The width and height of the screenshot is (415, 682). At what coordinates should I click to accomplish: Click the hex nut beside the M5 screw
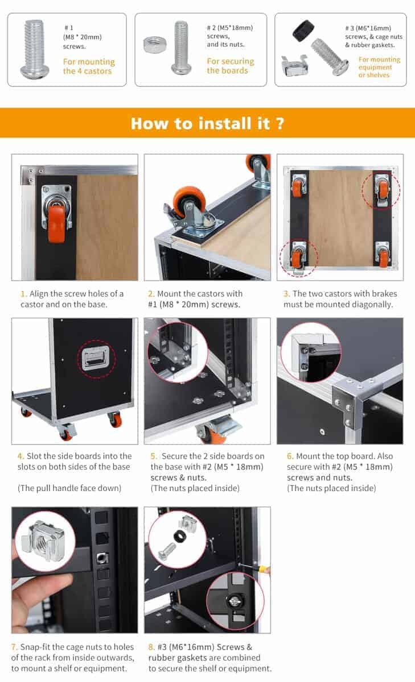click(155, 44)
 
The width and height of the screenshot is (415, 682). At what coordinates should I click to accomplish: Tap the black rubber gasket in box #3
click(303, 31)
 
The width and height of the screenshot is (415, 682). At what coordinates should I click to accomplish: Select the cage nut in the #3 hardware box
click(294, 65)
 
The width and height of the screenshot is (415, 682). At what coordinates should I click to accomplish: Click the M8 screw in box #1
click(32, 49)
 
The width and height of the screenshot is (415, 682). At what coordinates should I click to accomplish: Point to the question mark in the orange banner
click(280, 123)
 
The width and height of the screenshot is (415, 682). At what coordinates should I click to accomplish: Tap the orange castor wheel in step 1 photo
click(56, 223)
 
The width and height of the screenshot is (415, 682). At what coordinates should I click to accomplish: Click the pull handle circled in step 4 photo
click(96, 359)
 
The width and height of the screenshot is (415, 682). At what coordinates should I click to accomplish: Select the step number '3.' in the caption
click(286, 293)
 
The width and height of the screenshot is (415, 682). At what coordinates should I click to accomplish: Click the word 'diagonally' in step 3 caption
click(372, 305)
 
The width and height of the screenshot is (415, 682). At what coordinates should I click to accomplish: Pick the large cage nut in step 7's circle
click(44, 541)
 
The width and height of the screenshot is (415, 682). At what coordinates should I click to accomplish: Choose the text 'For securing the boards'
click(230, 66)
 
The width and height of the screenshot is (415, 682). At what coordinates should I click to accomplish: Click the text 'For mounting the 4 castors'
click(89, 66)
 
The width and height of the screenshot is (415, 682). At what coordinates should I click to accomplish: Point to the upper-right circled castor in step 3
click(381, 190)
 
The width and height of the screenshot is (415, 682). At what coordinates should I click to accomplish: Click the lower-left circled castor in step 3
click(298, 257)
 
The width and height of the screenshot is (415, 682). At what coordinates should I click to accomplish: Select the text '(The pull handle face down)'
click(69, 488)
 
